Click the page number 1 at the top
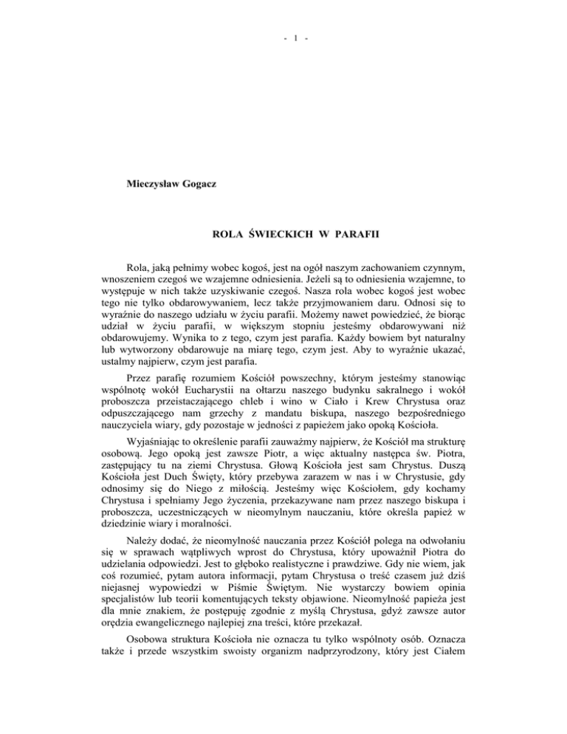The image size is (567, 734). click(283, 16)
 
